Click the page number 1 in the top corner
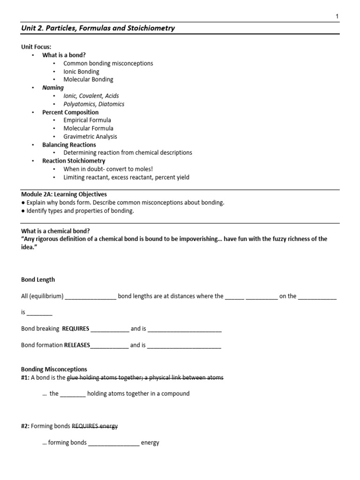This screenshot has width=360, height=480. click(x=337, y=16)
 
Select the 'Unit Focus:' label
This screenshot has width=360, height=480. click(x=37, y=47)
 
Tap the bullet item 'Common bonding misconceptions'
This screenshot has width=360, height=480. click(x=108, y=63)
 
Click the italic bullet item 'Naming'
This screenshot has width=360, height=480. click(x=53, y=88)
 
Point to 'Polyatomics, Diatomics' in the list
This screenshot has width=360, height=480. click(x=94, y=104)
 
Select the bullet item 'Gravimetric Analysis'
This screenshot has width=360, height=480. click(x=90, y=136)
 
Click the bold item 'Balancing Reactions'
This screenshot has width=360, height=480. click(x=69, y=145)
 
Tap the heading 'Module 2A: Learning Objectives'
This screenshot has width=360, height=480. click(x=64, y=194)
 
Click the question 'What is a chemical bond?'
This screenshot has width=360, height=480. click(x=55, y=231)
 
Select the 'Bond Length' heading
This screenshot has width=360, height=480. click(x=38, y=279)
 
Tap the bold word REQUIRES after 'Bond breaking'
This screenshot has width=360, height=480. click(x=75, y=329)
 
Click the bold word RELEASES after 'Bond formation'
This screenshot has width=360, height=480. click(x=77, y=345)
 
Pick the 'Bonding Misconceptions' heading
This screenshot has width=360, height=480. click(x=54, y=369)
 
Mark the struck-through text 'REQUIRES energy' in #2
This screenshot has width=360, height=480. click(x=95, y=426)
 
